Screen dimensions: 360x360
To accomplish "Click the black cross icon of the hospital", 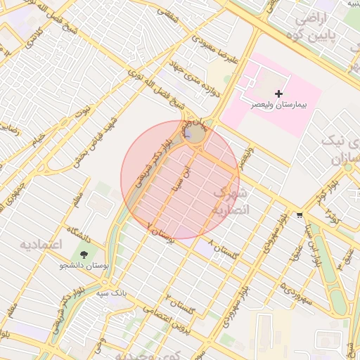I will tap(279, 94).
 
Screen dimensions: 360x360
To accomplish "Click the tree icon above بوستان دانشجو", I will tap(85, 254).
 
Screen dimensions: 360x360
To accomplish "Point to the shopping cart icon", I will tap(300, 215).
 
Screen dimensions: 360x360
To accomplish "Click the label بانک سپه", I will tap(112, 289).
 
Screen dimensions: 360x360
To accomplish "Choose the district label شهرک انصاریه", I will tap(229, 201).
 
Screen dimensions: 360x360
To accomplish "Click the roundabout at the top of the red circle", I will tap(195, 133).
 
